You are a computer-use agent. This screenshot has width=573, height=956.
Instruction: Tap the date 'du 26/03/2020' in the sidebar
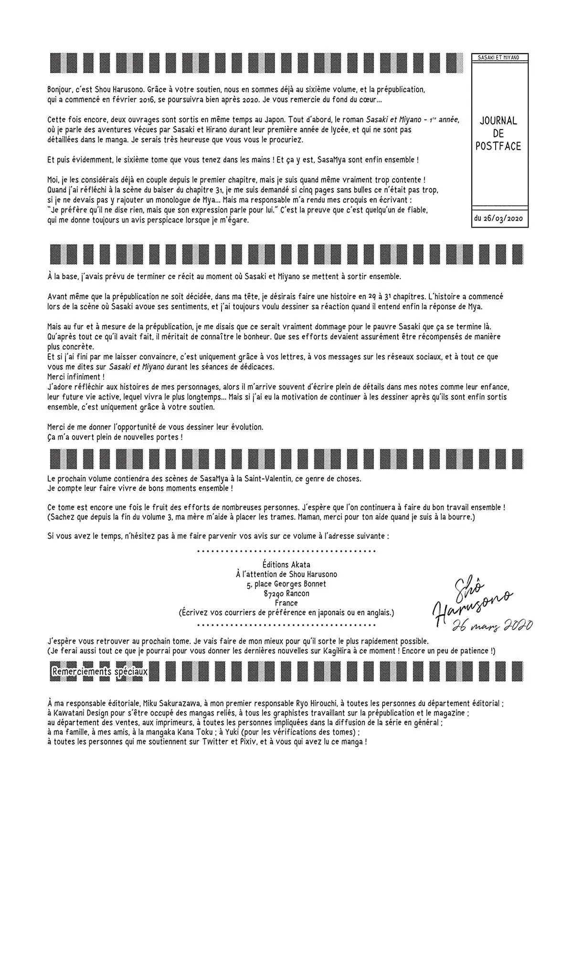[499, 219]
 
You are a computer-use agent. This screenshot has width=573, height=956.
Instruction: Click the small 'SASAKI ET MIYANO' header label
[499, 57]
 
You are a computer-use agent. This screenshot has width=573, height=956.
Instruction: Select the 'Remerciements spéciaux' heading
[100, 671]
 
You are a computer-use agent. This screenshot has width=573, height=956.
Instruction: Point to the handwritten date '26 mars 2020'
[492, 624]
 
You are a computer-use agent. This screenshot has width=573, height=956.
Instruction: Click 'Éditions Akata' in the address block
[286, 565]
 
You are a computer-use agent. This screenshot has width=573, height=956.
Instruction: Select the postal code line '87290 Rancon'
[286, 593]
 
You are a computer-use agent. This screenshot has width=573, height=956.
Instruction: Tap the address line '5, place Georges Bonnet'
[286, 584]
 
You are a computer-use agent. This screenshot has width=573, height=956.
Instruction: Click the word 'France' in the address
[286, 603]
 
